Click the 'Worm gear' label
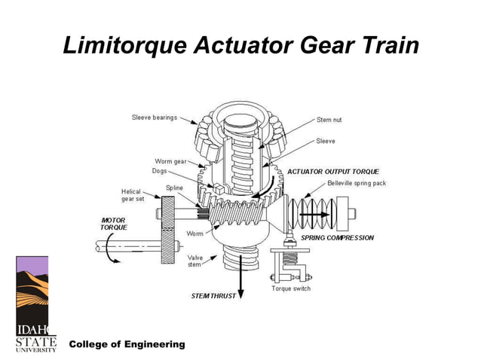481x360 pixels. click(171, 161)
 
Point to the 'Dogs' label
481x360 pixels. click(159, 171)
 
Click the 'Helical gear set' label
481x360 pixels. click(133, 195)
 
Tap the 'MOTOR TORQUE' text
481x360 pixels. click(114, 224)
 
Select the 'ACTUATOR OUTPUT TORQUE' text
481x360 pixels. click(333, 172)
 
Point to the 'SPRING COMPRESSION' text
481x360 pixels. click(337, 238)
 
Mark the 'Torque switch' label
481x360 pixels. click(290, 289)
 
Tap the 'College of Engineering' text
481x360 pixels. click(127, 344)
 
